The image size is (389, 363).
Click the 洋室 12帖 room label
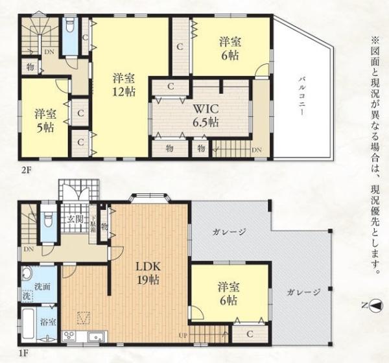123,85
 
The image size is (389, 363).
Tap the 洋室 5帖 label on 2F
45,119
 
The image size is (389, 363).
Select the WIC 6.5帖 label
204,114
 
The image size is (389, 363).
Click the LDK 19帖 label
148,273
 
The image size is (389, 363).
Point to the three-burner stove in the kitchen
69,336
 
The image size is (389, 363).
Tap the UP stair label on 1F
183,336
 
